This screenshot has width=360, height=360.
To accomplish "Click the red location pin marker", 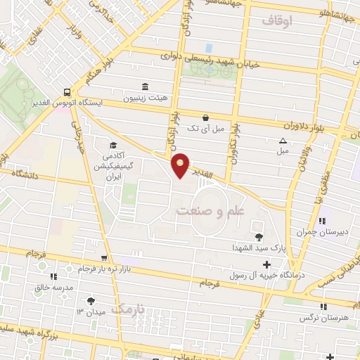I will point(181,165).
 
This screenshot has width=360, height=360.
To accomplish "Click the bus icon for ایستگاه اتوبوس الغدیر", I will point(66,91).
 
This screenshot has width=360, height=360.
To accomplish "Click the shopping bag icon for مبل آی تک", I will point(205,117).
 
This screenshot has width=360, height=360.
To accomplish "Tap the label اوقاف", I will point(276,22).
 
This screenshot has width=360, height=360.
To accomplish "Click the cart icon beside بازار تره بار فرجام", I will point(104,258).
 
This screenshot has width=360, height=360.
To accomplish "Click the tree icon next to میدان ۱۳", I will point(91,301).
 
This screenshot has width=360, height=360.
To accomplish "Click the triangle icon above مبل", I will point(283,141).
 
